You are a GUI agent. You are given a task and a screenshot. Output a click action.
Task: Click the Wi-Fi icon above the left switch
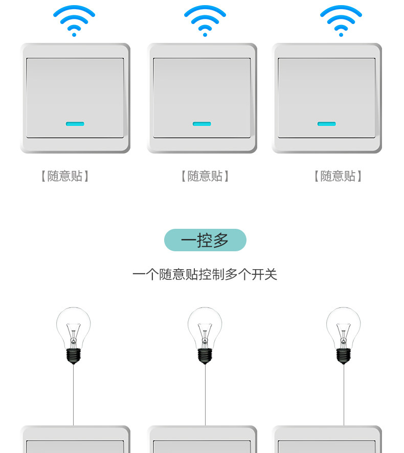(x=74, y=20)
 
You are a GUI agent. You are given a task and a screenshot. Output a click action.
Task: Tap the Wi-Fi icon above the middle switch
(x=205, y=20)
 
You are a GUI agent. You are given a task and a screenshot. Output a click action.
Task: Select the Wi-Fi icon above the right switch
(x=341, y=20)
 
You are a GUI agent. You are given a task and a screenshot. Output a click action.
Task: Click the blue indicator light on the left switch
(x=75, y=124)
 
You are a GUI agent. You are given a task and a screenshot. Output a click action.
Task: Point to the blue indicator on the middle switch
(x=201, y=124)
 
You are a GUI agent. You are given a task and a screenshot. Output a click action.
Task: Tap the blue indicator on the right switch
(x=327, y=124)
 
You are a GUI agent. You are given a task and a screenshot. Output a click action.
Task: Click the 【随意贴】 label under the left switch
(x=65, y=176)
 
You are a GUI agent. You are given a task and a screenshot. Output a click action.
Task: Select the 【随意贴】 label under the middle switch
(x=205, y=176)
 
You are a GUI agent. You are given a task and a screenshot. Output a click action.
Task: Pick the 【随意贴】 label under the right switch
(x=338, y=176)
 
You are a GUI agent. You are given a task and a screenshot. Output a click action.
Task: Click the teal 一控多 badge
(x=205, y=240)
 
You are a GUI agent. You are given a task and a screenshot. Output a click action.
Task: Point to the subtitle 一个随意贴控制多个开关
(x=205, y=275)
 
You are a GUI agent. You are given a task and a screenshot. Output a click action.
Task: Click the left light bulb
(x=74, y=329)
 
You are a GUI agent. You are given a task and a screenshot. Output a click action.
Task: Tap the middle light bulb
(x=205, y=329)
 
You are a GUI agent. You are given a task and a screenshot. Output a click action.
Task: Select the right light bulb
(x=344, y=329)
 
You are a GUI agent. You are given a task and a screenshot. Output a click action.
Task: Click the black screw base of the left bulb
(x=74, y=355)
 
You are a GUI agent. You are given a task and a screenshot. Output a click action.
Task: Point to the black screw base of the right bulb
(x=344, y=355)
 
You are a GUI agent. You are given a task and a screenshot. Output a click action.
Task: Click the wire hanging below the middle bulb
(x=205, y=396)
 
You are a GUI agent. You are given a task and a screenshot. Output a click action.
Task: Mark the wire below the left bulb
(x=74, y=396)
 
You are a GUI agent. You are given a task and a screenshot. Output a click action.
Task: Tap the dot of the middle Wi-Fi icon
(x=205, y=35)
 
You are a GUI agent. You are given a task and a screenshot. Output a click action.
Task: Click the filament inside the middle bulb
(x=205, y=334)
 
